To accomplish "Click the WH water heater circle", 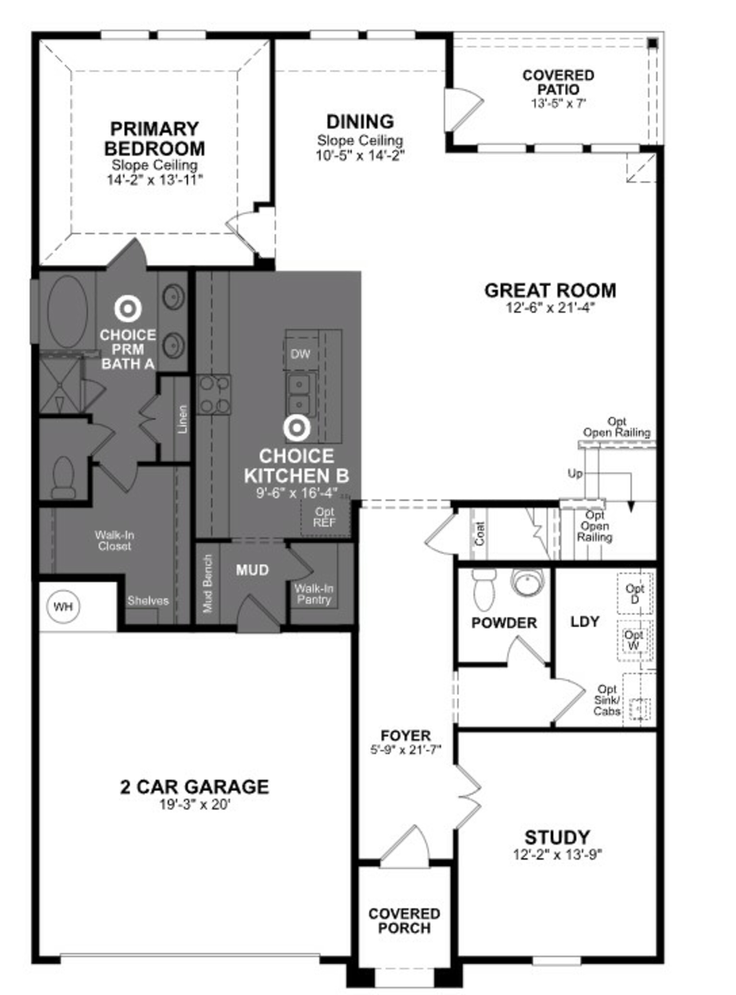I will click(x=63, y=607).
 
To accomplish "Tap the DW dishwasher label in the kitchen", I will click(x=300, y=354).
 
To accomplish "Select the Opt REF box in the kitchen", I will click(x=325, y=517).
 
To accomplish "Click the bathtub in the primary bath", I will click(x=68, y=311).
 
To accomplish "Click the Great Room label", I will click(x=550, y=290).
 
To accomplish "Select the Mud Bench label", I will click(x=208, y=583).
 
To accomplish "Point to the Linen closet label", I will click(x=182, y=419).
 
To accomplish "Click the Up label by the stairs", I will click(x=575, y=473).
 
